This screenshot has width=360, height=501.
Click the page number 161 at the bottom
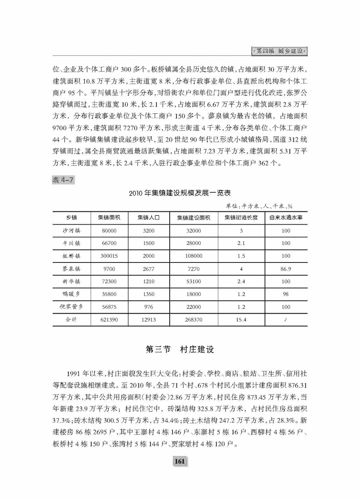pyautogui.click(x=180, y=462)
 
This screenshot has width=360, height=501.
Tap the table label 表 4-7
pyautogui.click(x=63, y=180)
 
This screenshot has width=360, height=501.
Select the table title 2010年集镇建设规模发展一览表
pyautogui.click(x=180, y=193)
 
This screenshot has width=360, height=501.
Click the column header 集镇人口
pyautogui.click(x=148, y=218)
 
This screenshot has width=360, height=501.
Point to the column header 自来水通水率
pyautogui.click(x=286, y=218)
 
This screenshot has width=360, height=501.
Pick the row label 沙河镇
pyautogui.click(x=72, y=231)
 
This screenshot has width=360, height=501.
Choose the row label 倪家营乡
pyautogui.click(x=72, y=307)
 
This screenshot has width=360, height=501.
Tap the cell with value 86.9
pyautogui.click(x=286, y=269)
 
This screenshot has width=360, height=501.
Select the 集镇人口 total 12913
pyautogui.click(x=148, y=320)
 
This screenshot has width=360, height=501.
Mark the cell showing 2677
pyautogui.click(x=148, y=269)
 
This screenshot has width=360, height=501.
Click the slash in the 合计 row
pyautogui.click(x=286, y=320)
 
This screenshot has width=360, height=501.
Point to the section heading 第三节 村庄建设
pyautogui.click(x=180, y=349)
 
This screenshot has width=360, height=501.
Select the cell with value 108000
pyautogui.click(x=194, y=256)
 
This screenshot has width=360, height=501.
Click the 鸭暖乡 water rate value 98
pyautogui.click(x=286, y=294)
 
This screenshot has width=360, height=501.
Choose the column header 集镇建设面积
pyautogui.click(x=194, y=218)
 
